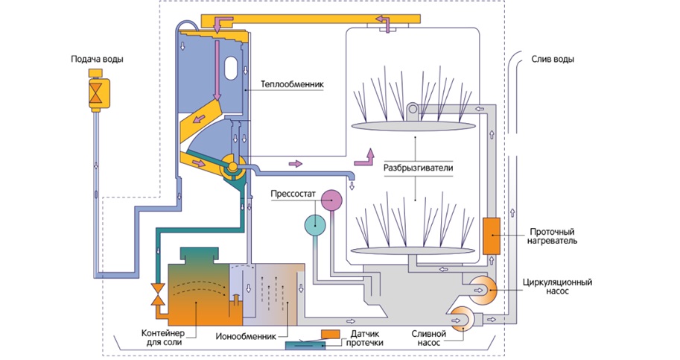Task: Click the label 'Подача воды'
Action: tap(96, 59)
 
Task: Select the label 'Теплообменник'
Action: tap(292, 84)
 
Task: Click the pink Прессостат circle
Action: tap(331, 199)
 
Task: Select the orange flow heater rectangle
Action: tap(492, 236)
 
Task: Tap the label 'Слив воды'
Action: tap(553, 60)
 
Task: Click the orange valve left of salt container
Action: tap(157, 294)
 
